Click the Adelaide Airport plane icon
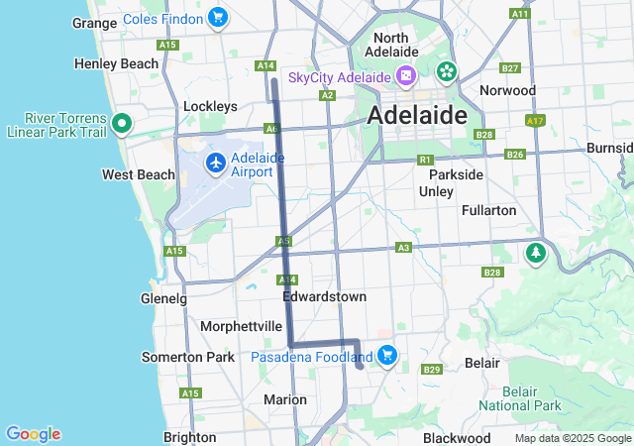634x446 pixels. (x=216, y=163)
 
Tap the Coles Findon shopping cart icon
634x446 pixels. (x=218, y=17)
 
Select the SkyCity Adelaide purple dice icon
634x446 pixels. (x=405, y=76)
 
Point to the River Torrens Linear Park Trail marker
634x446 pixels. (x=122, y=124)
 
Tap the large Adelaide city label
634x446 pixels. (x=417, y=115)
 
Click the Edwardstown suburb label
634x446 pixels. (x=324, y=296)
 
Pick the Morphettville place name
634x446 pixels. (x=242, y=326)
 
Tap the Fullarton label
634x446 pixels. (x=489, y=210)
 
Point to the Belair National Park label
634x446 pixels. (x=520, y=398)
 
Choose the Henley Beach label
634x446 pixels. (x=117, y=63)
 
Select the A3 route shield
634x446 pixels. (x=403, y=247)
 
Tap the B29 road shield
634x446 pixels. (x=431, y=370)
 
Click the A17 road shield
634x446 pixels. (x=536, y=121)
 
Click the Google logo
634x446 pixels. (x=33, y=434)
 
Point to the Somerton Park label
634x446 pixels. (x=188, y=357)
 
